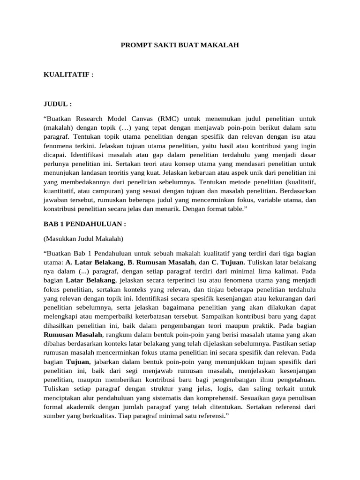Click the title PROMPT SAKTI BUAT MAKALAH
180,45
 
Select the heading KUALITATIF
68,75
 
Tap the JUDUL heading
58,104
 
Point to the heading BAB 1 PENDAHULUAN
85,224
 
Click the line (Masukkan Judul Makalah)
83,239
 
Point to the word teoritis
128,172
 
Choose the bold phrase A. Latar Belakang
91,262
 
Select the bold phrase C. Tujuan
229,262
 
